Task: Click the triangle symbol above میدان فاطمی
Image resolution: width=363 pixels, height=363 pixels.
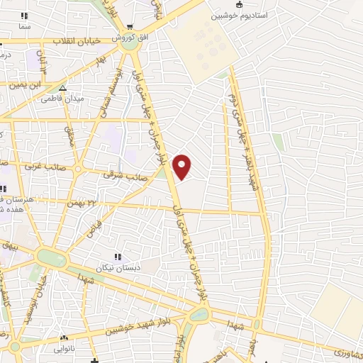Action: (63, 89)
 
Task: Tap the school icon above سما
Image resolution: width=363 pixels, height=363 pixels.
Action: (26, 16)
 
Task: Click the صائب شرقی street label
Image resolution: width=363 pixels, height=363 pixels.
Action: (118, 173)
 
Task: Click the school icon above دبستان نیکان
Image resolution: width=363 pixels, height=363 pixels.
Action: (118, 257)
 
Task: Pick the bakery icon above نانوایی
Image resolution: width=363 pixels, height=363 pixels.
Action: (65, 338)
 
